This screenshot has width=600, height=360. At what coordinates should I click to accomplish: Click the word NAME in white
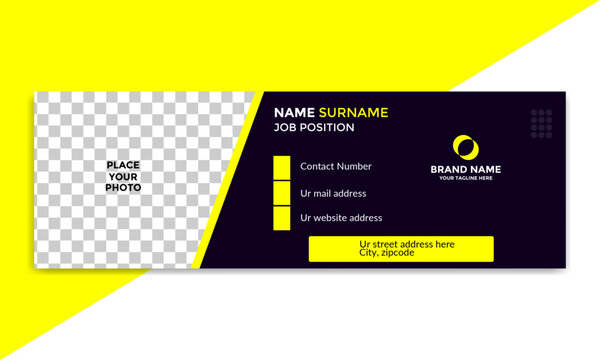(294, 113)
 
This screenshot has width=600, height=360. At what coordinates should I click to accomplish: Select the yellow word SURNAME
(353, 113)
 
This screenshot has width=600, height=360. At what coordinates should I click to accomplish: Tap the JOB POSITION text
(314, 128)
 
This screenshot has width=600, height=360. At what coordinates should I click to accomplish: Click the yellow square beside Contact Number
(282, 167)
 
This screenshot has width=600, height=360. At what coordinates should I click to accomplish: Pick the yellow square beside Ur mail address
(282, 193)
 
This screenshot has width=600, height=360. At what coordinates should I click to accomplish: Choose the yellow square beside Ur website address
(282, 218)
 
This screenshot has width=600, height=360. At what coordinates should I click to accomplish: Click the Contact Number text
(336, 167)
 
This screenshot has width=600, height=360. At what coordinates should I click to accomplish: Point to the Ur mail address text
(333, 193)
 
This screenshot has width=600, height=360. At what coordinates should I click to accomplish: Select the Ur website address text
(341, 218)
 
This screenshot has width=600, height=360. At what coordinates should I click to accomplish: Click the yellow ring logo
(465, 146)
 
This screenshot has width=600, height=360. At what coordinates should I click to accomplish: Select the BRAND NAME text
(466, 169)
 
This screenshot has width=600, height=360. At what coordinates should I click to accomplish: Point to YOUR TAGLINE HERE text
(466, 179)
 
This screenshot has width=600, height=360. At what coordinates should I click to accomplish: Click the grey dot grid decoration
(541, 123)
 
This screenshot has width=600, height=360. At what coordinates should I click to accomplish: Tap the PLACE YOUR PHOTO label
(124, 176)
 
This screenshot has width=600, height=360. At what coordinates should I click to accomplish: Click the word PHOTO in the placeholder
(124, 188)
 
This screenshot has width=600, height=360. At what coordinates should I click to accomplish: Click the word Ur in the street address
(366, 244)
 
